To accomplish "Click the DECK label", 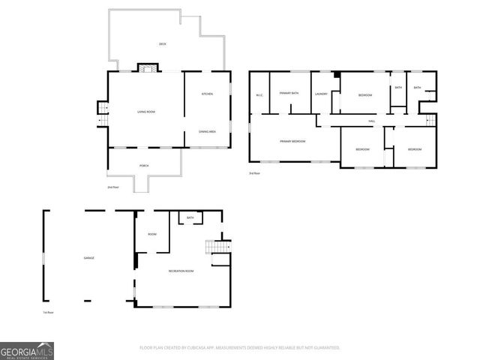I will [163, 44].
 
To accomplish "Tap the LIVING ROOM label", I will [146, 112].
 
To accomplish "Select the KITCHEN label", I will [207, 94].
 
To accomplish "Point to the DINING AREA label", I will [208, 131].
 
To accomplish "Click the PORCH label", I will [144, 166].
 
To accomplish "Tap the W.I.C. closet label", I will [259, 94].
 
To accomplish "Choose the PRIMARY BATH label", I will [289, 93].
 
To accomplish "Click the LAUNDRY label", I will [322, 94].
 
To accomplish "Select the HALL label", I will [371, 121].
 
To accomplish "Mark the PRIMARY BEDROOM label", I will [292, 141].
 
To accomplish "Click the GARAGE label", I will [88, 258].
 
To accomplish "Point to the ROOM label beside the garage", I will [152, 234].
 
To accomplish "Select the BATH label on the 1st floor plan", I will [190, 217].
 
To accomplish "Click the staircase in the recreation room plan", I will [217, 248].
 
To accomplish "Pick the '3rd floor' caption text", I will [254, 173].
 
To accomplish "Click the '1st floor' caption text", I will [49, 312].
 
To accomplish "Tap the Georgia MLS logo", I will [27, 350].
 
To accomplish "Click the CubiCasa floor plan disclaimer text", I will [240, 347].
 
